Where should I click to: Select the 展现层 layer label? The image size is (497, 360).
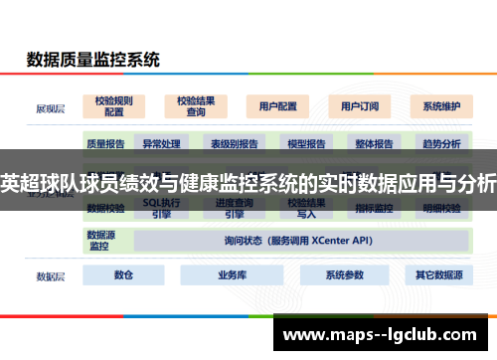[51, 105]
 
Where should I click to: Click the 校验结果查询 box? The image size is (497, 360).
[196, 105]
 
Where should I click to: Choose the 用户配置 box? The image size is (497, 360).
[276, 105]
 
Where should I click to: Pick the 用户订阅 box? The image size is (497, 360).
[358, 105]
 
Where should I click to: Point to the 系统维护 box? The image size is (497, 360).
[440, 105]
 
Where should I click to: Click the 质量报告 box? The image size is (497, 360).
[105, 144]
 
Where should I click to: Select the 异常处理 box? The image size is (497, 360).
[159, 144]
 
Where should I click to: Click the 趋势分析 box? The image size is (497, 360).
[441, 144]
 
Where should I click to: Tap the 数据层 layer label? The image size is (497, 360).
[51, 275]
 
